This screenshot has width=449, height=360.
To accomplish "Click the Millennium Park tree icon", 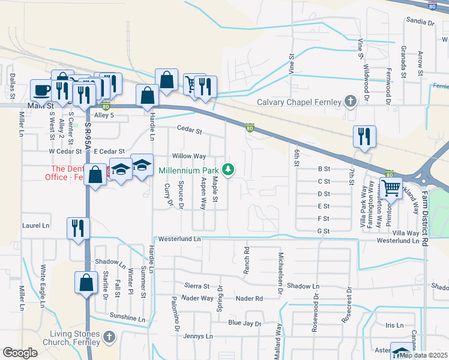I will [228, 170].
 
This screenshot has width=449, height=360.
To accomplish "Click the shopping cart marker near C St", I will [391, 188].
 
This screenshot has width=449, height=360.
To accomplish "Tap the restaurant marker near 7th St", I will [364, 136].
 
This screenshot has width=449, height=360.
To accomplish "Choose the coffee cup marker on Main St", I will [41, 90].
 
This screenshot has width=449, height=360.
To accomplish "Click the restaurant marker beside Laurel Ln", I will [79, 227].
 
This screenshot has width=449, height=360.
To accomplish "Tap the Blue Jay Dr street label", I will [245, 323].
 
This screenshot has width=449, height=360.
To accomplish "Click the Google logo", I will [20, 353].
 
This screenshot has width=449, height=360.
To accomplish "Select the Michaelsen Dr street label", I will [280, 268].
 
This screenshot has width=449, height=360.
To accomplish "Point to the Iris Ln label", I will [394, 325].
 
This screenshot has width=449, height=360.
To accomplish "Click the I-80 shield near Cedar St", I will [250, 128].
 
